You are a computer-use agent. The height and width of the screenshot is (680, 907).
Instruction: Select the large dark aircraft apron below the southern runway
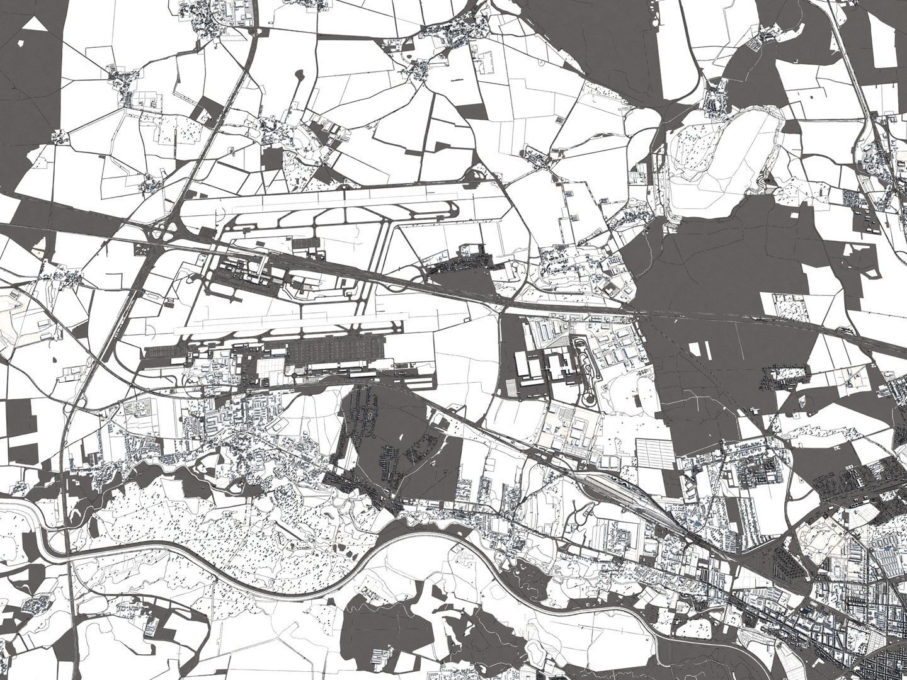point(334,356)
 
